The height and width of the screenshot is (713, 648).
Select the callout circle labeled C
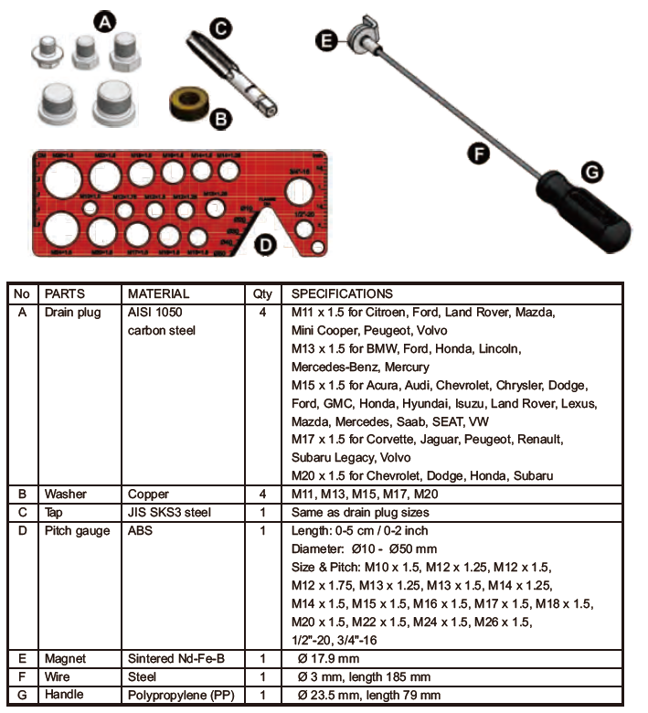(220, 27)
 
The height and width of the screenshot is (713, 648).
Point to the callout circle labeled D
(264, 244)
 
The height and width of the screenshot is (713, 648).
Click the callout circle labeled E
(325, 38)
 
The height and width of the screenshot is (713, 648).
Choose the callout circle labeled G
(591, 170)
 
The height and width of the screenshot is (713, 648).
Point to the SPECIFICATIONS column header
(342, 294)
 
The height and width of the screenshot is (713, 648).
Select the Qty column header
(262, 294)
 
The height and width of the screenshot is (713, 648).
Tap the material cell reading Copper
(148, 495)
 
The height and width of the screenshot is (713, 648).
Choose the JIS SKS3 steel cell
(169, 513)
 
